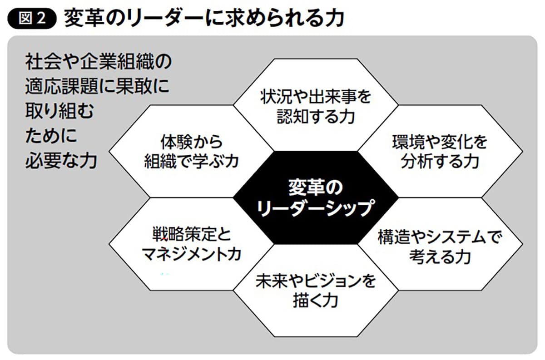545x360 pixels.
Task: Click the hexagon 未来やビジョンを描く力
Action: pyautogui.click(x=316, y=291)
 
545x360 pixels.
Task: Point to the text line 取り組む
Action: pyautogui.click(x=59, y=112)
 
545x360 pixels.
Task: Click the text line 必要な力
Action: pyautogui.click(x=62, y=162)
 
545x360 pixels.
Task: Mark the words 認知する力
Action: pyautogui.click(x=316, y=117)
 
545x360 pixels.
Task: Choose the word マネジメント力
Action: pyautogui.click(x=191, y=255)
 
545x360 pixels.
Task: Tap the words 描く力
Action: pyautogui.click(x=316, y=301)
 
